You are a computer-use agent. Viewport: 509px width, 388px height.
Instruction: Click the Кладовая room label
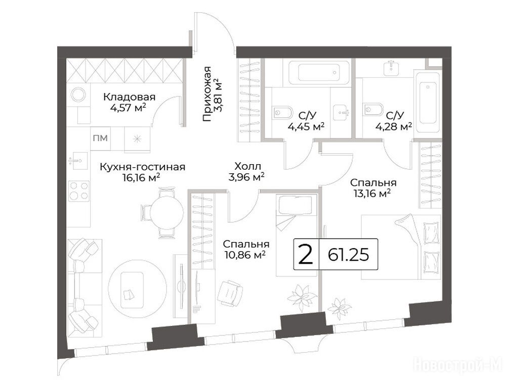point(129,96)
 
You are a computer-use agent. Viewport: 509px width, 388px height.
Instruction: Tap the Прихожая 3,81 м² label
point(211,93)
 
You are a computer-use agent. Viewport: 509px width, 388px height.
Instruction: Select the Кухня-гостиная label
point(142,167)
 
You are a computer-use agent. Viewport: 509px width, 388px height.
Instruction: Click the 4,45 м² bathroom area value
point(306,126)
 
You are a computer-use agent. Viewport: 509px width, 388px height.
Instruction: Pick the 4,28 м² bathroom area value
point(394,126)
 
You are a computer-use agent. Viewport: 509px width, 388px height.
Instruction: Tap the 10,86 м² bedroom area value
point(245,255)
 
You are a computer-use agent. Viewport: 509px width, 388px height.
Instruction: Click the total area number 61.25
point(348,255)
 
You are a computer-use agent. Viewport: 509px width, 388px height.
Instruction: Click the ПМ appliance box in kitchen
point(100,138)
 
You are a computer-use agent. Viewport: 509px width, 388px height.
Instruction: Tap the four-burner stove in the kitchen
point(79,191)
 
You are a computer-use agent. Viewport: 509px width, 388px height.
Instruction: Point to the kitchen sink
point(78,161)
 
